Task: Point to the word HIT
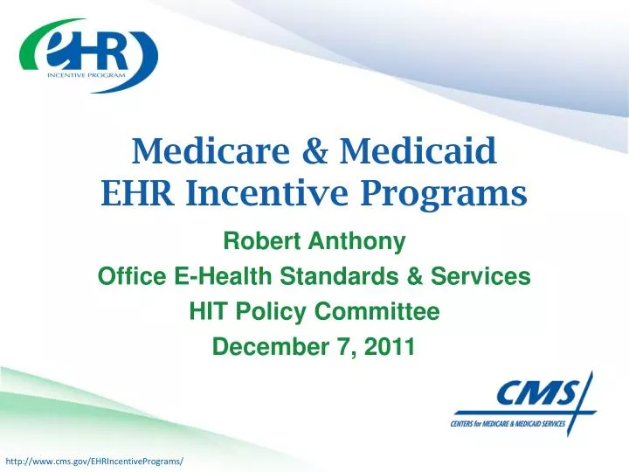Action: coord(208,312)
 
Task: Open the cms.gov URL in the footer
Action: coord(94,461)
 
